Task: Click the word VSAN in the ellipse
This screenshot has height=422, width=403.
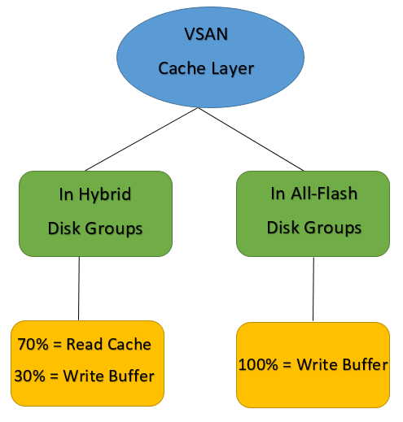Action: [x=205, y=37]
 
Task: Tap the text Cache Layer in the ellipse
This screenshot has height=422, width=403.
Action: [x=205, y=67]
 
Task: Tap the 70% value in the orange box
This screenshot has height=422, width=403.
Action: [x=33, y=344]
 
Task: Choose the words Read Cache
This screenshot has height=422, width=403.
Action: [x=109, y=344]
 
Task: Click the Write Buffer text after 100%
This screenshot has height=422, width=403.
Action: [x=341, y=365]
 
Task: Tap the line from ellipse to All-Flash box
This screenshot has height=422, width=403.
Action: [x=261, y=138]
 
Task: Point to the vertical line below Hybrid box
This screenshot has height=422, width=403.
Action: [x=79, y=289]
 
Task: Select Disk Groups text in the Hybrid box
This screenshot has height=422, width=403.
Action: [x=96, y=228]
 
